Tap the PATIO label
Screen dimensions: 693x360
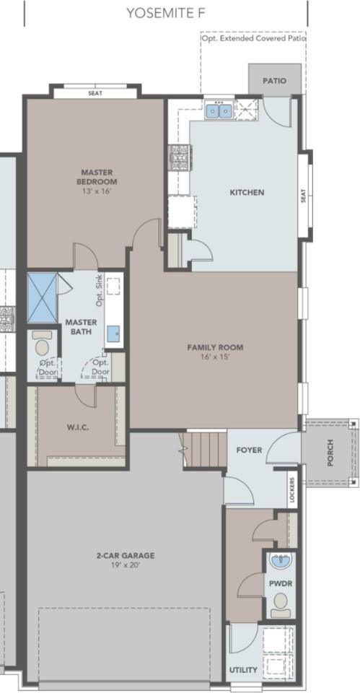click(x=275, y=81)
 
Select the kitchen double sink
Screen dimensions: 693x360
click(x=219, y=111)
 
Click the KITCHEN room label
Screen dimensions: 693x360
click(x=247, y=193)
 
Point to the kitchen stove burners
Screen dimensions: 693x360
click(x=178, y=157)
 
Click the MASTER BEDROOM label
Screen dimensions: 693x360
click(x=97, y=177)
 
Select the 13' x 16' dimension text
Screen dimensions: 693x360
click(x=97, y=191)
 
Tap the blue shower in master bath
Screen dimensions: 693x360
click(x=43, y=298)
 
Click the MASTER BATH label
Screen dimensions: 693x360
click(x=82, y=326)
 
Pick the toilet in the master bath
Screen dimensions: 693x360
click(x=42, y=343)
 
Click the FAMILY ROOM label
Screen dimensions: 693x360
click(x=215, y=347)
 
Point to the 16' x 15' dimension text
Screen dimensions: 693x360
click(x=215, y=357)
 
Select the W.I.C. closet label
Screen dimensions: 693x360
click(x=78, y=427)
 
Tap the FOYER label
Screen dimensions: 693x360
click(x=249, y=450)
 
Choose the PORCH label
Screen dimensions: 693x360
click(x=330, y=453)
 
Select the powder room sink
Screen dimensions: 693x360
click(x=279, y=562)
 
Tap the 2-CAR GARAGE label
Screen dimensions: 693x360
click(x=126, y=556)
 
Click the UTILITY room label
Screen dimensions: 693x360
click(x=243, y=670)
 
